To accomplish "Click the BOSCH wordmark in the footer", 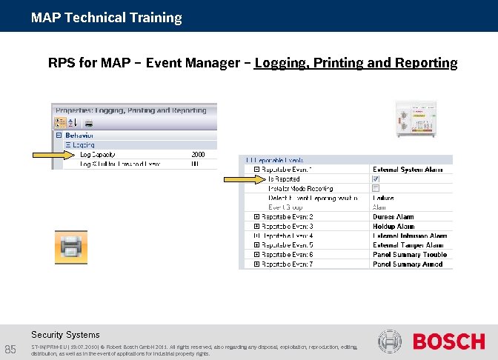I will click(448, 341).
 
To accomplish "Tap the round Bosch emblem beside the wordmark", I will click(391, 341).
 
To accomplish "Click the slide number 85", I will click(10, 350).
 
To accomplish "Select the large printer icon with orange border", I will click(72, 247).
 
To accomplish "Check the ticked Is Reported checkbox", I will click(376, 179).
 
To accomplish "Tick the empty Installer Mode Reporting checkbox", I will click(376, 188).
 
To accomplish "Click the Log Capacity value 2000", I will click(198, 154).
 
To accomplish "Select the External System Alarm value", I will click(408, 170).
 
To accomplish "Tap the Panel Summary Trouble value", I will click(410, 255).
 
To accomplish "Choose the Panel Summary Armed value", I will click(408, 264).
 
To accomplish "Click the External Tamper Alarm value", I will click(408, 245).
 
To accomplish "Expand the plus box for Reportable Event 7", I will click(256, 264).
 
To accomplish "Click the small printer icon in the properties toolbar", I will click(88, 123).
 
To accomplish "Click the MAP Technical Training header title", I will click(106, 17).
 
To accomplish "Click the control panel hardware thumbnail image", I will click(416, 119).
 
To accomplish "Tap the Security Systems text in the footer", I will click(65, 335).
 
